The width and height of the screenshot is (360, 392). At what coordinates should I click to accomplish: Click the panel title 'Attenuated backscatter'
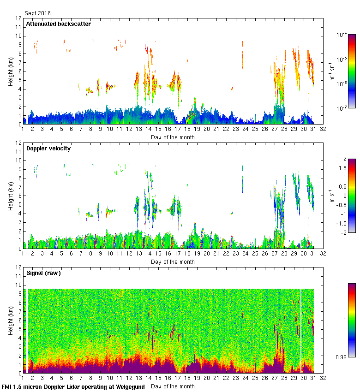point(58,24)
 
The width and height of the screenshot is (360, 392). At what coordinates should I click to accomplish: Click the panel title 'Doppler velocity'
point(48,148)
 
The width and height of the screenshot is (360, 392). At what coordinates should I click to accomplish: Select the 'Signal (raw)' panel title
point(43,273)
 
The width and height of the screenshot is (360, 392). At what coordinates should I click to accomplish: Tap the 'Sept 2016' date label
point(37,13)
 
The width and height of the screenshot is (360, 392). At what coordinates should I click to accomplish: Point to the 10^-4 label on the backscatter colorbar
point(342,35)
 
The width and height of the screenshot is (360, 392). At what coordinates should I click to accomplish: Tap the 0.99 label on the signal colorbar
point(341,356)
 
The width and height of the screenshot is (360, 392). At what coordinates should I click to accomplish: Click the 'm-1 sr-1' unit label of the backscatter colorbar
point(331,71)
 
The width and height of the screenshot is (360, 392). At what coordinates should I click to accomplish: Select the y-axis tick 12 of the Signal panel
point(19,267)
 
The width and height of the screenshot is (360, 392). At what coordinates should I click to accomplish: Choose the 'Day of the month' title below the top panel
point(173,137)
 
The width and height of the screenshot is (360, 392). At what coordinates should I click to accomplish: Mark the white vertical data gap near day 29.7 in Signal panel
point(301,330)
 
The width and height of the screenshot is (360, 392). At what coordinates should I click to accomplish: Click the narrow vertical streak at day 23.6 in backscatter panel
point(242,55)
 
